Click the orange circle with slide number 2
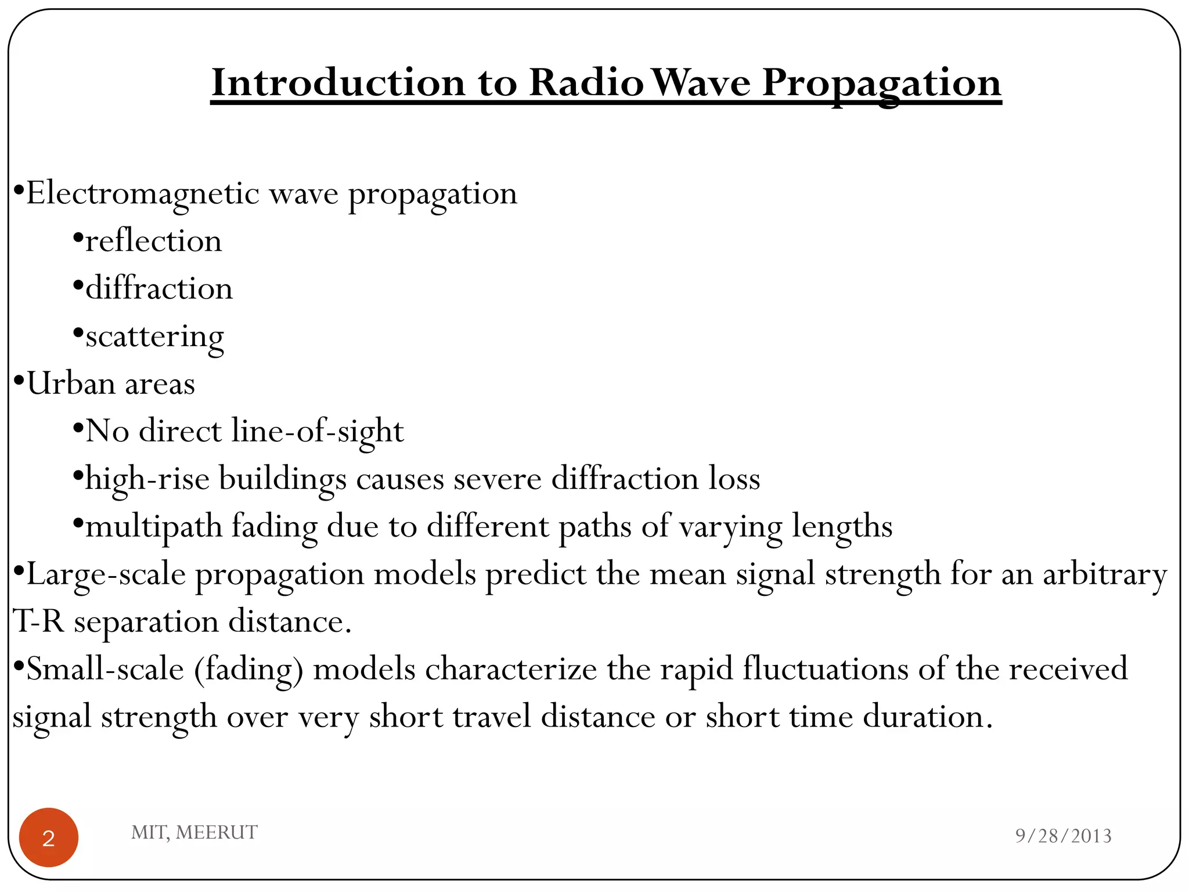49,837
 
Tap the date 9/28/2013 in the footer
1063,836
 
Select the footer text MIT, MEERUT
194,832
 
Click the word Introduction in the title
338,82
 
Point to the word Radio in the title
586,82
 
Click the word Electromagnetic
143,193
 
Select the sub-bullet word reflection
154,241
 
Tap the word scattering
154,337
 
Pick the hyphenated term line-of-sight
317,431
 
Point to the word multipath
154,527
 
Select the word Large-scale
106,574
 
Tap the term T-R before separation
38,621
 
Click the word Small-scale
105,669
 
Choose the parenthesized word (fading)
248,670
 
